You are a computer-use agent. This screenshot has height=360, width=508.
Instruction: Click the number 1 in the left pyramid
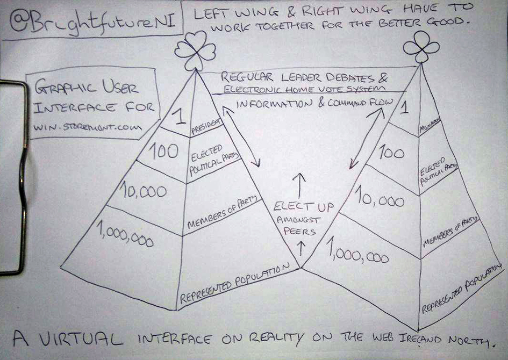tap(181, 116)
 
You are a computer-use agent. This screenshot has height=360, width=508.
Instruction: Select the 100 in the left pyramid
tap(163, 152)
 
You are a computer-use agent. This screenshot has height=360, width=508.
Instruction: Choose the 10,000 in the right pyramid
tap(380, 200)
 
